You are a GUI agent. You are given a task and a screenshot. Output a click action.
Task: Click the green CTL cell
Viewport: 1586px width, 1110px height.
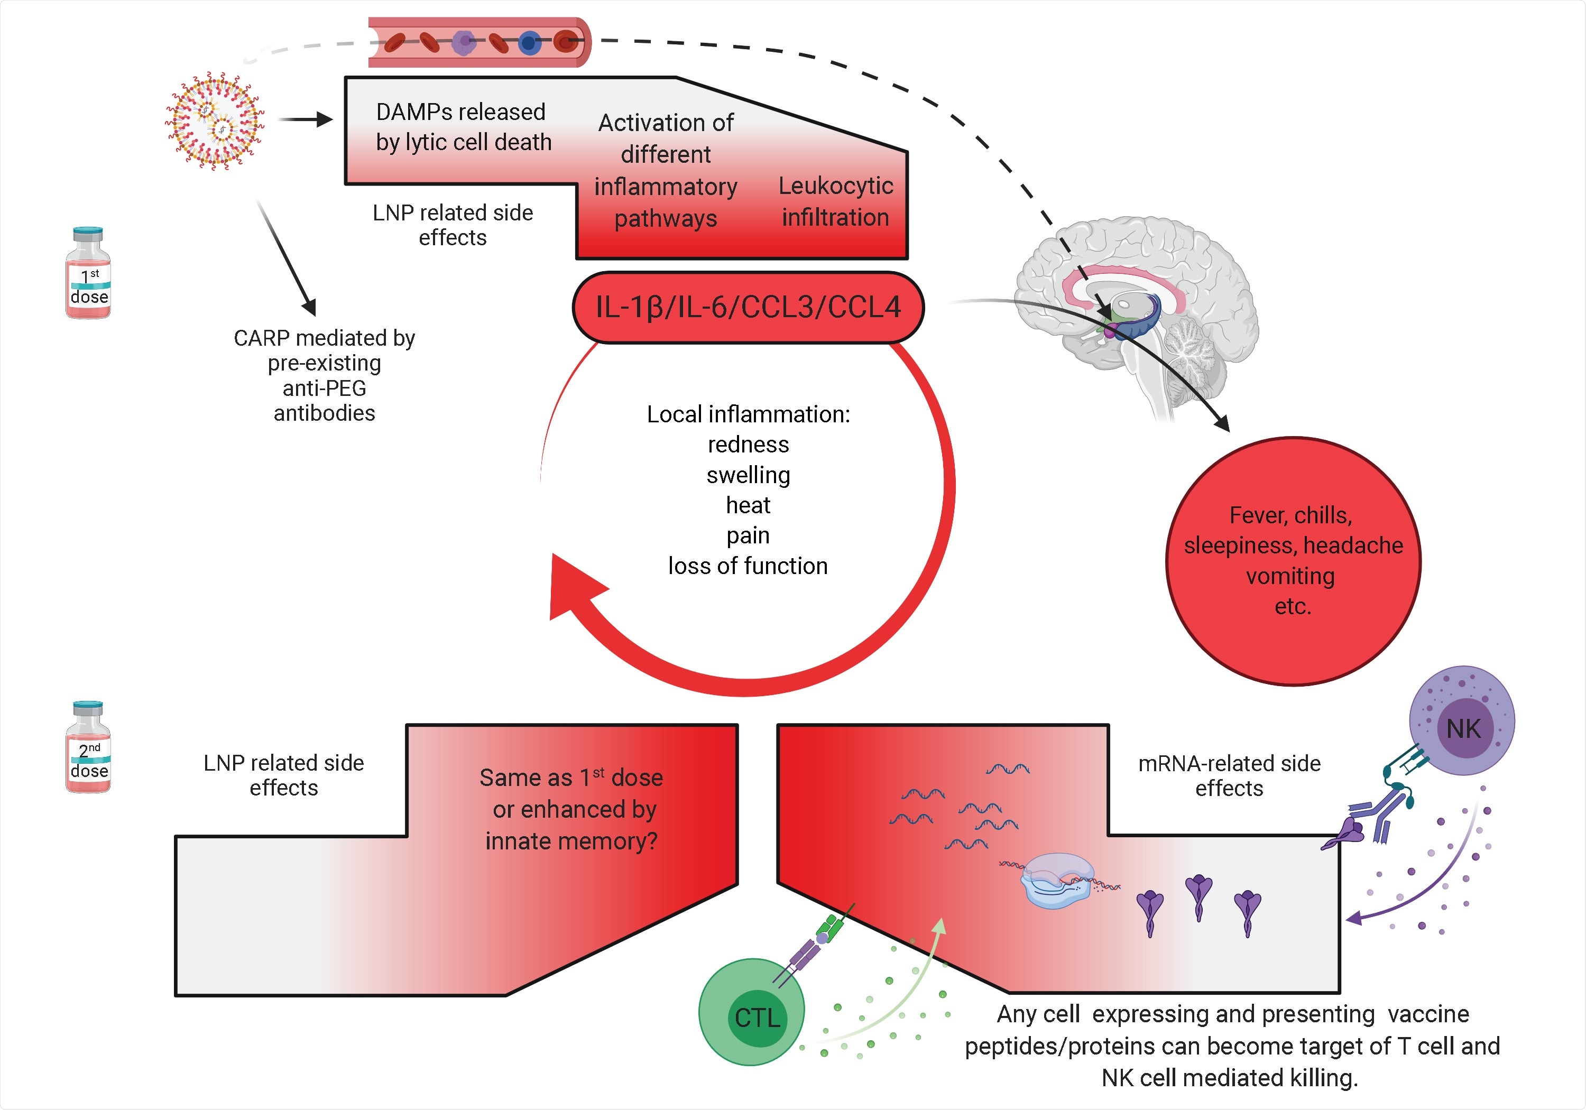tap(752, 1012)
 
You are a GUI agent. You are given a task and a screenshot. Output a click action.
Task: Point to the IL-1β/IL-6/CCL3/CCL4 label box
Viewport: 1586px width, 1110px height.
tap(748, 308)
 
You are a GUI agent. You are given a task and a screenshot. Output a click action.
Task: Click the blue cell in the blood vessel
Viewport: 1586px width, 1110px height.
tap(529, 43)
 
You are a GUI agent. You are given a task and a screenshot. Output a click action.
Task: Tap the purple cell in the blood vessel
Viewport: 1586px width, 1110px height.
tap(464, 42)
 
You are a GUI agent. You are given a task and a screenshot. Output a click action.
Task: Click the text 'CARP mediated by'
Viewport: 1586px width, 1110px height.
tap(324, 338)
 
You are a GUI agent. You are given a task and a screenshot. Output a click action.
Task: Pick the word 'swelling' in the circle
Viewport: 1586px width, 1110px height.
tap(748, 475)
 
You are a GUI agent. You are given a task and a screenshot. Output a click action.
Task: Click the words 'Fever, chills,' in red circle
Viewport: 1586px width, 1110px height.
tap(1290, 515)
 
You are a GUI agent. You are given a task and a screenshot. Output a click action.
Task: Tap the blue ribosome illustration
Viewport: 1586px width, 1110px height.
tap(1057, 881)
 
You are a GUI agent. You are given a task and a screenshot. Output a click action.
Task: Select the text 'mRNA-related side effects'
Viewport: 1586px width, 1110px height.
tap(1229, 775)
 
